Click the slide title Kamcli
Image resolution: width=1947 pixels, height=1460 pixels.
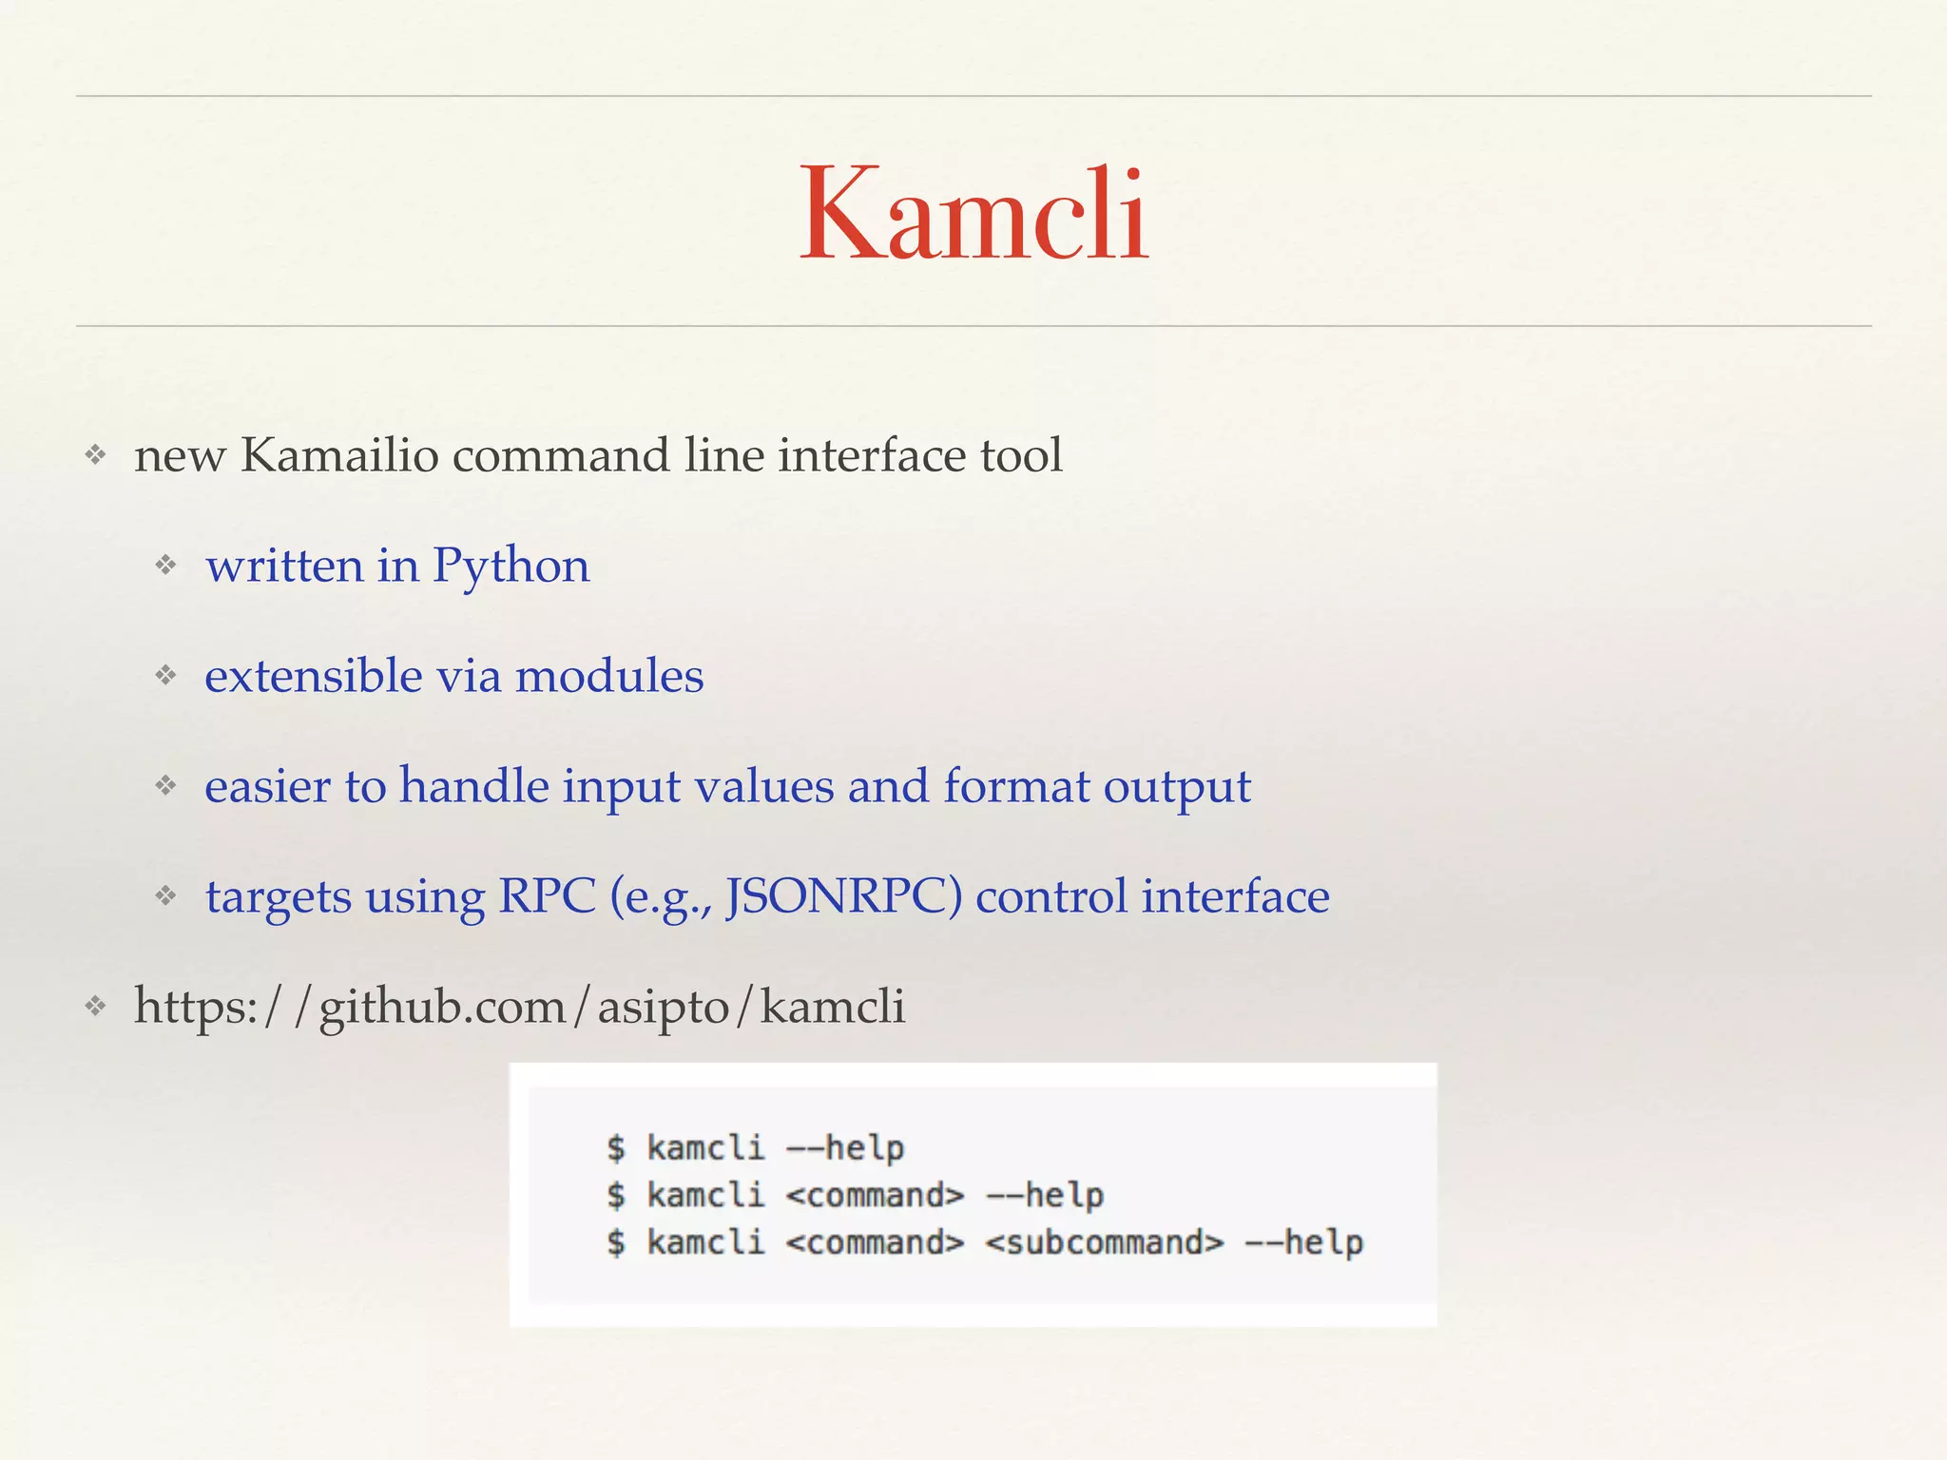click(x=973, y=213)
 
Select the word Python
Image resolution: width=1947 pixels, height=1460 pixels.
click(x=511, y=567)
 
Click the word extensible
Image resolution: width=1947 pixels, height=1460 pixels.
click(x=313, y=676)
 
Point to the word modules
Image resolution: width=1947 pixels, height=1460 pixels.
click(x=609, y=676)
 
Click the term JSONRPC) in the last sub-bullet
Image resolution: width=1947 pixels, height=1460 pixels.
click(x=843, y=896)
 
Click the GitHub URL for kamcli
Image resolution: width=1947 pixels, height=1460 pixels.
click(x=519, y=1007)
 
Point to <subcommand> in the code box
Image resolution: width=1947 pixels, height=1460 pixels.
click(x=1105, y=1242)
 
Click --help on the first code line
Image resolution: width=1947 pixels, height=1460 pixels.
click(x=845, y=1148)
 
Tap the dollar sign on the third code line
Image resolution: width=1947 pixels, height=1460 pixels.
click(x=617, y=1242)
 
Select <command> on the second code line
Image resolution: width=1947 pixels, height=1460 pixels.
click(x=876, y=1195)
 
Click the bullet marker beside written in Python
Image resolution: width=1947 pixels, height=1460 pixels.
click(x=166, y=566)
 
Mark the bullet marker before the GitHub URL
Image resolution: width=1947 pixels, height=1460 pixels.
click(x=95, y=1006)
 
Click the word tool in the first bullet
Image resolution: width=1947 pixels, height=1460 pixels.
click(x=1021, y=455)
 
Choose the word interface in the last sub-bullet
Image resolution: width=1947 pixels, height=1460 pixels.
click(x=1235, y=896)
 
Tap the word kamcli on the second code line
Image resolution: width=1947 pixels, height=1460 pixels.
click(x=705, y=1195)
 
